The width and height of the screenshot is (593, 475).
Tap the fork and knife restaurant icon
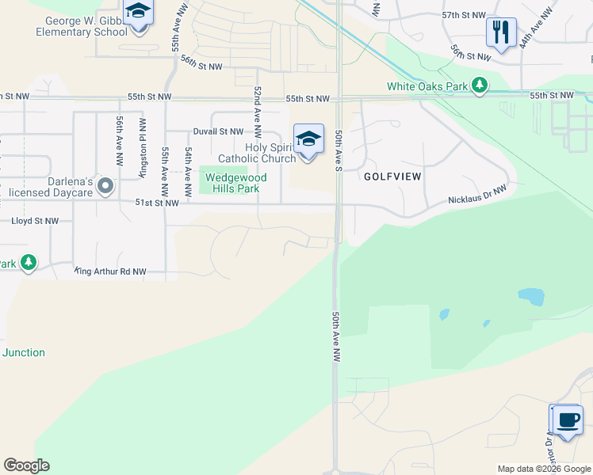tap(501, 32)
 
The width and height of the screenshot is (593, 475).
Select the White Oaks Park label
tap(427, 86)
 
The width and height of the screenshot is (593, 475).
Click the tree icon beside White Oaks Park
tap(479, 85)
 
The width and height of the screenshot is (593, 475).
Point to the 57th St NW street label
tap(463, 15)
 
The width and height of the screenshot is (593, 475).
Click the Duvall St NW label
tap(218, 131)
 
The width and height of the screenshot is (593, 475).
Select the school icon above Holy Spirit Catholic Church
tap(308, 139)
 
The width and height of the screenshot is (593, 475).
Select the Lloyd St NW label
tap(35, 221)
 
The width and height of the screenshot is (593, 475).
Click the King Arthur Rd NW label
tap(111, 272)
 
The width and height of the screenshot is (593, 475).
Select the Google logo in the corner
tap(26, 465)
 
